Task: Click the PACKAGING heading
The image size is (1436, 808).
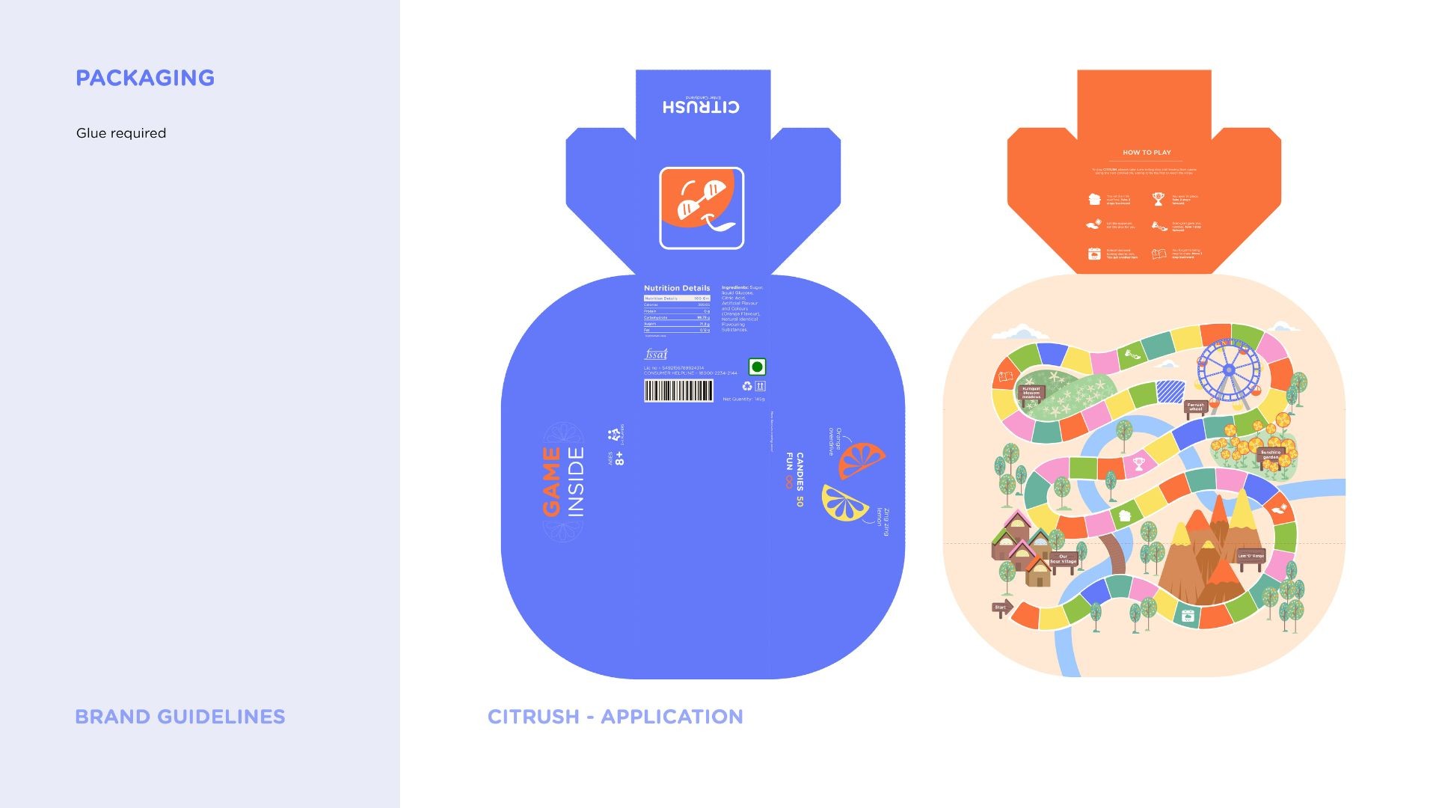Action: [145, 78]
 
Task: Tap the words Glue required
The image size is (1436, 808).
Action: [121, 133]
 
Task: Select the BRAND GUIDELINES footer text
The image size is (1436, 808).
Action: [180, 717]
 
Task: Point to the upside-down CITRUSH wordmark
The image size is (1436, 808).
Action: [701, 107]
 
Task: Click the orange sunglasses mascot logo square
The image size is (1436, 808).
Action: [702, 208]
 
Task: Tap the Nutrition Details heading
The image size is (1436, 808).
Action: [677, 288]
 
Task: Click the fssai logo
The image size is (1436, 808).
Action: [656, 354]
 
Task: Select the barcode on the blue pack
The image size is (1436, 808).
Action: [678, 391]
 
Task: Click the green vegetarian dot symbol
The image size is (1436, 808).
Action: [757, 367]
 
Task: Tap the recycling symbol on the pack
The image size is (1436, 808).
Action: [746, 386]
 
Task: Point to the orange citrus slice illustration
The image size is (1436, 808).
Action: [860, 459]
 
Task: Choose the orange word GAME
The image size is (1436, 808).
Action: [552, 482]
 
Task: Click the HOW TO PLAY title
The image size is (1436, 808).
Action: [1147, 153]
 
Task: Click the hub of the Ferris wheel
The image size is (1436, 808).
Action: [1229, 371]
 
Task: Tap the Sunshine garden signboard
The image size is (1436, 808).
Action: [1271, 454]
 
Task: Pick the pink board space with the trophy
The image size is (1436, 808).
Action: [1138, 464]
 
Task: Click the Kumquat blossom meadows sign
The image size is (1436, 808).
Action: [1031, 393]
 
